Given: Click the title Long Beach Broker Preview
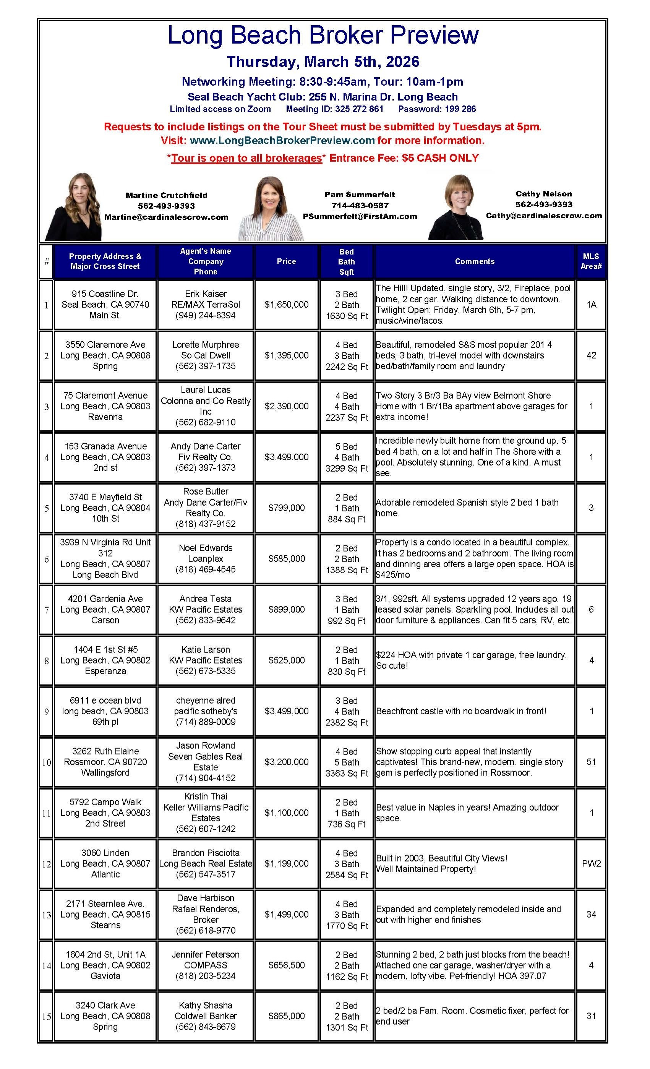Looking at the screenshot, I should [x=323, y=35].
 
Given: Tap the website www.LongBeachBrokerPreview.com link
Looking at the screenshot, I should [x=282, y=141].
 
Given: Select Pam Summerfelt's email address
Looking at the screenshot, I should [x=360, y=216].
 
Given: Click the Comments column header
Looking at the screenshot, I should [x=474, y=261].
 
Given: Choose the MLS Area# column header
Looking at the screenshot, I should [x=591, y=261].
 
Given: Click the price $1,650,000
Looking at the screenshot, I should [x=286, y=305].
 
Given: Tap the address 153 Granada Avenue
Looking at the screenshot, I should [x=105, y=446].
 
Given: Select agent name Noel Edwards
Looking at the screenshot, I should [x=205, y=548].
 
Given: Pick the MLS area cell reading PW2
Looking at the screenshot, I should [x=591, y=863].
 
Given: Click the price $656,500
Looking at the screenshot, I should [x=286, y=965].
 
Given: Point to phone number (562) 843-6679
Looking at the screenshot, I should [x=205, y=1027].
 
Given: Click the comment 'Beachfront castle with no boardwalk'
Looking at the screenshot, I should [x=461, y=711].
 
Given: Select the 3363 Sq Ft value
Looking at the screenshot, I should [x=346, y=773].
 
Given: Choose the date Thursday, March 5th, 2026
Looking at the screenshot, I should [x=323, y=62].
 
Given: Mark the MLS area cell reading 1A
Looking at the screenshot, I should [x=591, y=305].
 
